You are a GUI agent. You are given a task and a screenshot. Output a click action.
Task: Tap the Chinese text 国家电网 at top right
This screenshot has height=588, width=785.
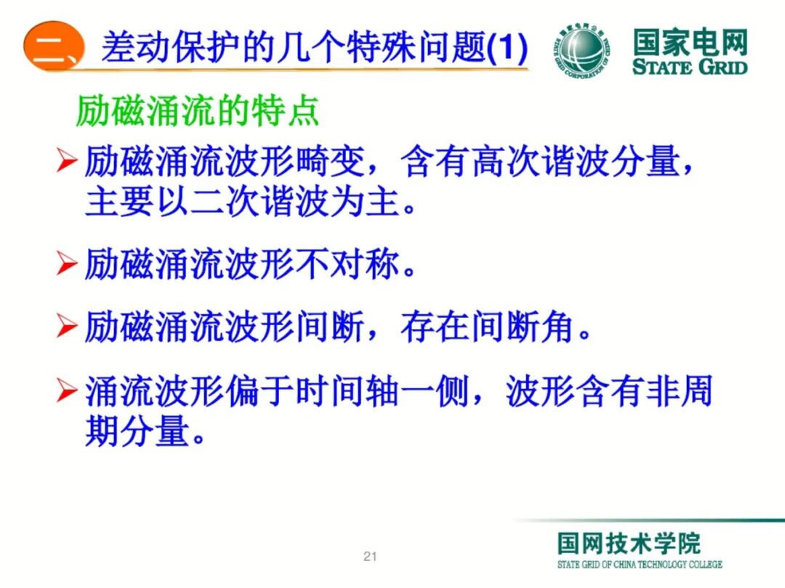pyautogui.click(x=689, y=43)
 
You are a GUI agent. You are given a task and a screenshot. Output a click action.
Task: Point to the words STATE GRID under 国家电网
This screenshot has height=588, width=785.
pyautogui.click(x=689, y=68)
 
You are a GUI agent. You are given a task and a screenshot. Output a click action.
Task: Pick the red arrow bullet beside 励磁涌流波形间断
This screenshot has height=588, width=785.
pyautogui.click(x=67, y=329)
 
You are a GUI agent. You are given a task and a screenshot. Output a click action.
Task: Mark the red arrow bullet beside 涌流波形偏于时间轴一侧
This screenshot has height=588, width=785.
pyautogui.click(x=67, y=393)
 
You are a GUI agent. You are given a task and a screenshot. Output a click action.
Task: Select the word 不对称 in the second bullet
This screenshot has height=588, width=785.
pyautogui.click(x=348, y=264)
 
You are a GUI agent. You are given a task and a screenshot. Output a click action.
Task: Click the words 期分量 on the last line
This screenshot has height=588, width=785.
pyautogui.click(x=138, y=433)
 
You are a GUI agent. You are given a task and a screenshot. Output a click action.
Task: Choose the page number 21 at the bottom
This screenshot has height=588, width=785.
pyautogui.click(x=370, y=557)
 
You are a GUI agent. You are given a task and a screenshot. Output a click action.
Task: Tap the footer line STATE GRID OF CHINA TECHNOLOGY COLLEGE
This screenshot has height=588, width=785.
pyautogui.click(x=640, y=565)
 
